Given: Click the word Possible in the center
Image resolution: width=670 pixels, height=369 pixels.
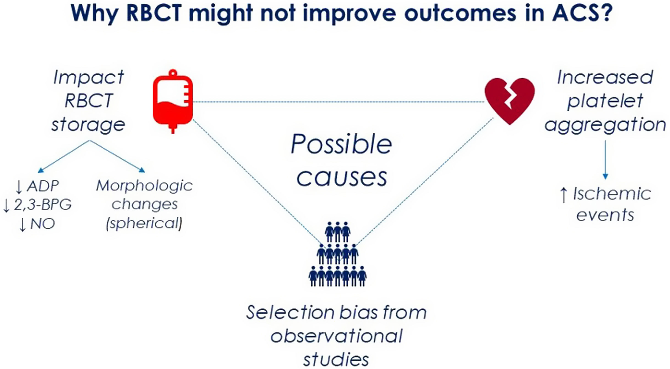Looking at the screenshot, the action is (x=341, y=144).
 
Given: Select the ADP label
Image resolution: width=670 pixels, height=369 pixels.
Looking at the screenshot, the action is (x=42, y=186).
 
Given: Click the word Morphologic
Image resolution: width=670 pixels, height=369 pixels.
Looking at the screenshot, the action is (x=144, y=186).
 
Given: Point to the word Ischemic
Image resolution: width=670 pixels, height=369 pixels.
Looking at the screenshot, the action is (x=612, y=194).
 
